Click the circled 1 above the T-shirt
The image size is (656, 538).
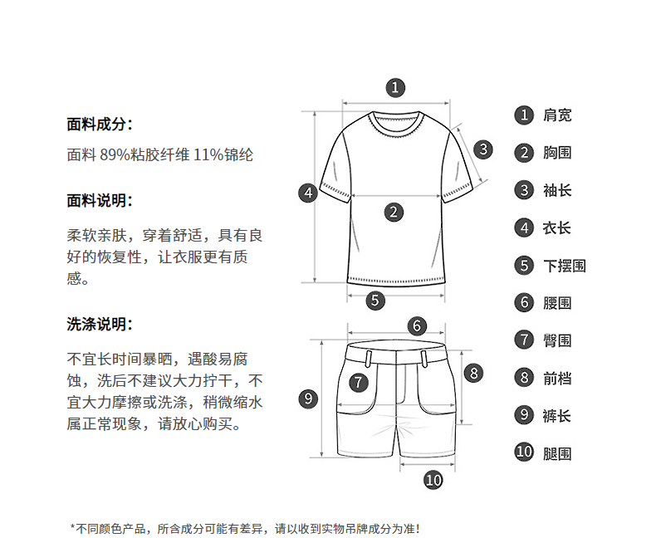tap(396, 87)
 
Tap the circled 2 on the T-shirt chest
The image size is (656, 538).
tap(394, 213)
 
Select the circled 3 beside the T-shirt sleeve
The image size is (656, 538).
tap(484, 149)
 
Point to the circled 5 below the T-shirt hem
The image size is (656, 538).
tap(376, 301)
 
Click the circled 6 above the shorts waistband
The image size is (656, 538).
tap(418, 326)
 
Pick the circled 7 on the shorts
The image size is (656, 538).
tap(358, 383)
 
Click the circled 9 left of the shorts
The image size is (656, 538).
tap(308, 399)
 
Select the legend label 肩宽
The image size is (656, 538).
tap(557, 115)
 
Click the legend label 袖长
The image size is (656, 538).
tap(557, 191)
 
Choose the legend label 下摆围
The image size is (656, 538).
tap(565, 266)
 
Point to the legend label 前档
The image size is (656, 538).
tap(557, 379)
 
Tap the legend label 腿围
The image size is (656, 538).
tap(557, 453)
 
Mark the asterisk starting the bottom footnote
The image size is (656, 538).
tap(73, 527)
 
